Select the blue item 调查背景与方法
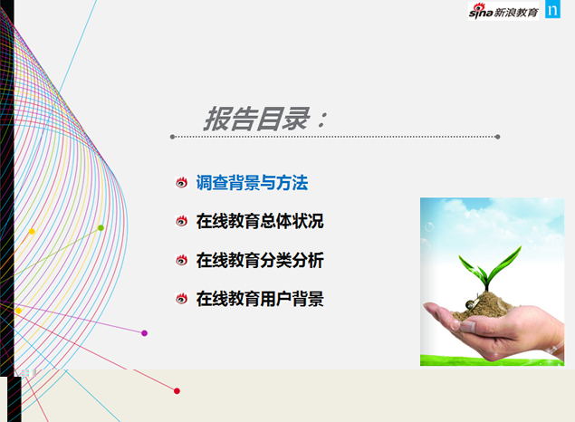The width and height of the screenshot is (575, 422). pos(252,183)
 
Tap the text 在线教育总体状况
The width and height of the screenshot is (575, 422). pos(260,221)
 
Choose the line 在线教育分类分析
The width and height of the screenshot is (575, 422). pos(260,260)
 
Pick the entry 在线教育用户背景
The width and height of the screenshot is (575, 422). pos(260,299)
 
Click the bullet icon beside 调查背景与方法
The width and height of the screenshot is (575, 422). pos(181,183)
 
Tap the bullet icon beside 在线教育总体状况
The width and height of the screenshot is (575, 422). pos(181,221)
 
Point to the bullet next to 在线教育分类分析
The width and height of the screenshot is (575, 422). pos(181,260)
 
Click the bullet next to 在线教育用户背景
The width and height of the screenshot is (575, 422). pos(181,299)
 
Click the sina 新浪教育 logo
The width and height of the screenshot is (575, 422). pos(503,11)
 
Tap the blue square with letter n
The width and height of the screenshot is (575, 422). pos(552,10)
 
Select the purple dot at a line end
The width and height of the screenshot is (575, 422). pos(145,333)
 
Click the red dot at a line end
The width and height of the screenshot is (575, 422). pos(177,391)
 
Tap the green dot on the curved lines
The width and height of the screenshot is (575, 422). pos(101,227)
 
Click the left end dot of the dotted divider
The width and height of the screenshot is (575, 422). pos(172,137)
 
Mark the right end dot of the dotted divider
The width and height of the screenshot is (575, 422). pos(498,137)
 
